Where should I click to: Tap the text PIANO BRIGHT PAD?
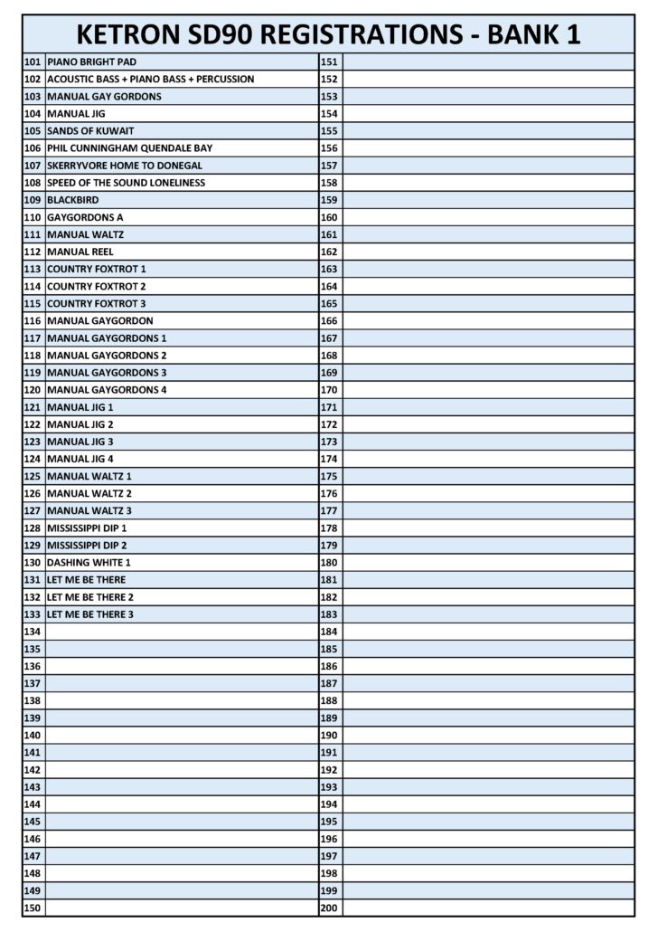point(92,62)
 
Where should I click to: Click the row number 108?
point(33,183)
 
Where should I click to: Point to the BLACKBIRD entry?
point(73,200)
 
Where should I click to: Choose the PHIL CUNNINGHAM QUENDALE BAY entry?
point(130,148)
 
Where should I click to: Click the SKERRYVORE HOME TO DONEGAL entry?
point(125,166)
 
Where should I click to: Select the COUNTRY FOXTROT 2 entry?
point(97,286)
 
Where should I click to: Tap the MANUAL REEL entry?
point(80,252)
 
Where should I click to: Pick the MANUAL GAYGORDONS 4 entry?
point(107,390)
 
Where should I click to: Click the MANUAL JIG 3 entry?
point(80,442)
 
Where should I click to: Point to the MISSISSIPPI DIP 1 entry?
point(87,528)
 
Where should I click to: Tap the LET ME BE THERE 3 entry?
point(90,614)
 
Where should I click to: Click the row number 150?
point(33,908)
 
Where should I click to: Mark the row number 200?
point(329,908)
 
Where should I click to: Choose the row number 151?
point(329,62)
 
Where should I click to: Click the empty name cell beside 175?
point(488,476)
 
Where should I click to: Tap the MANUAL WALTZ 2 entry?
point(89,493)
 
